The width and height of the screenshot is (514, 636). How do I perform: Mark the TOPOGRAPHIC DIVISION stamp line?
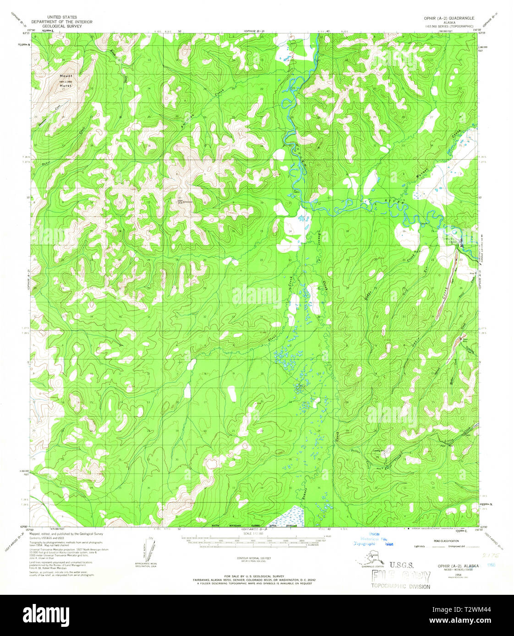point(401,587)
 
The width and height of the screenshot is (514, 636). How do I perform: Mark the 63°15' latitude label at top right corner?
point(481,33)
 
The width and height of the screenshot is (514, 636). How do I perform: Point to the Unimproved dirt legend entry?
point(466,546)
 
